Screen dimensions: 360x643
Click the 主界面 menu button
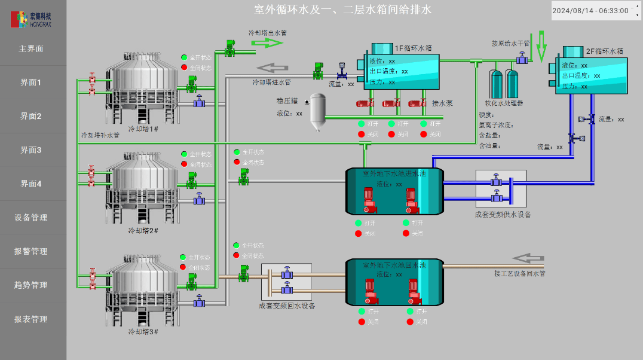point(31,49)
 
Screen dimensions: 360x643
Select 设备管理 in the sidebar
point(31,218)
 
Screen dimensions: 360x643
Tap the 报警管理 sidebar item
point(31,252)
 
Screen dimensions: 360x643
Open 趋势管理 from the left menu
point(31,285)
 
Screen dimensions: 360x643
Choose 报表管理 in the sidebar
point(31,319)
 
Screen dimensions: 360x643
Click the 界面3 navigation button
point(31,150)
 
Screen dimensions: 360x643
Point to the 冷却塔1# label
point(143,129)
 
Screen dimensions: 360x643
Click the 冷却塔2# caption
point(143,230)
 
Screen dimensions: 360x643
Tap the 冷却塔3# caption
point(143,331)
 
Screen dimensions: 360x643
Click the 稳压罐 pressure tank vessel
point(317,114)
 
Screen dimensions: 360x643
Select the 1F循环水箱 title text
point(413,48)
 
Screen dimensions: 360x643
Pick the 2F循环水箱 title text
point(604,51)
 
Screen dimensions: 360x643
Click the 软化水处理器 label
point(504,103)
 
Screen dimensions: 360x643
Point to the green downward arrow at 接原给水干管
point(541,46)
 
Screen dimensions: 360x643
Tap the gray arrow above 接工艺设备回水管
point(528,258)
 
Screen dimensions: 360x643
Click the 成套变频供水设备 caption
point(503,215)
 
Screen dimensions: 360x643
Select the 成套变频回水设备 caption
point(286,306)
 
